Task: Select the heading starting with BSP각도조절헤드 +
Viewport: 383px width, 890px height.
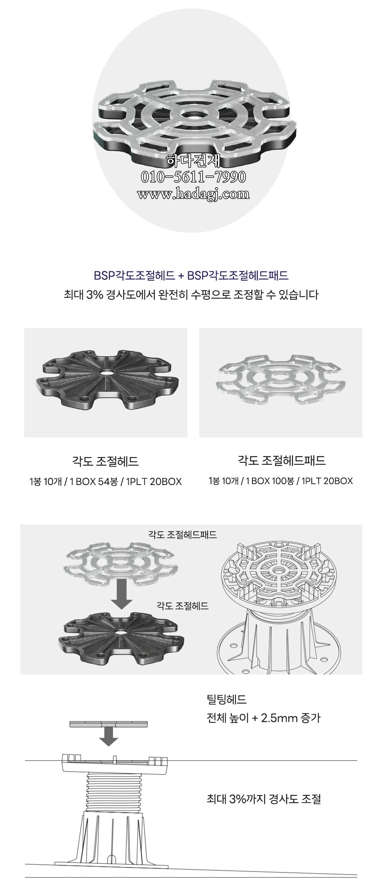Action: coord(191,275)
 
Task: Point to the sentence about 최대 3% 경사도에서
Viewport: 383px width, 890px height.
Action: coord(191,295)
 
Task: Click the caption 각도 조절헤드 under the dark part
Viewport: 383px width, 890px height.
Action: coord(105,461)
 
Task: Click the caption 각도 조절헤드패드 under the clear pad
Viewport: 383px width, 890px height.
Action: coord(282,460)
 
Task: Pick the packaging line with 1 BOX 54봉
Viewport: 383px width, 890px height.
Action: coord(105,482)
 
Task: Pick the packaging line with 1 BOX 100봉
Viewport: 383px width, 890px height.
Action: coord(280,481)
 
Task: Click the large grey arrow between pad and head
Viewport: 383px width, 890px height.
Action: coord(122,593)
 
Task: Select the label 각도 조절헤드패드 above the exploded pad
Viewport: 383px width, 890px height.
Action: coord(182,534)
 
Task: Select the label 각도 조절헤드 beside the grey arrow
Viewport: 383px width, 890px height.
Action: coord(182,606)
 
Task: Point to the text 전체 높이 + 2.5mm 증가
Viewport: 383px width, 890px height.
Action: coord(264,718)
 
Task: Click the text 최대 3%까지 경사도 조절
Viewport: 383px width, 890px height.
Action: coord(264,799)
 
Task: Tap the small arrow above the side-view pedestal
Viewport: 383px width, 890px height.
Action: coord(108,737)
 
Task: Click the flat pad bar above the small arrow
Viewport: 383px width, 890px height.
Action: coord(108,724)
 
